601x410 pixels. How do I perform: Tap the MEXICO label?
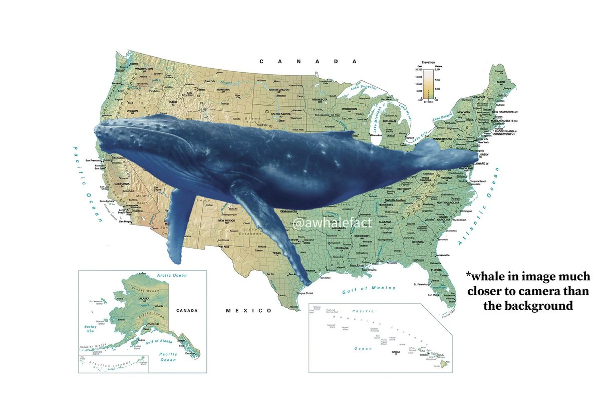click(249, 311)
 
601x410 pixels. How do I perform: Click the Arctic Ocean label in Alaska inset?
click(171, 275)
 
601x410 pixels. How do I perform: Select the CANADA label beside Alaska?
click(187, 311)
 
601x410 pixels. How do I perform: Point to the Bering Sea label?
click(91, 329)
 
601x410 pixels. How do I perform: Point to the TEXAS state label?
click(277, 253)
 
